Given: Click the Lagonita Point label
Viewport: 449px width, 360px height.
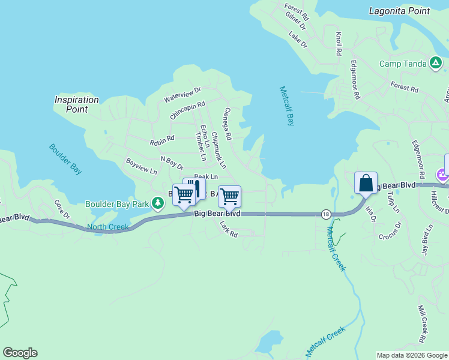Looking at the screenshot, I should pyautogui.click(x=399, y=11).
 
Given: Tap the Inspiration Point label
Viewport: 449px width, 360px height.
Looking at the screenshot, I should pyautogui.click(x=76, y=104).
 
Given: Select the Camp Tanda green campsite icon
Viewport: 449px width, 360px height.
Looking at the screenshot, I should pyautogui.click(x=436, y=63).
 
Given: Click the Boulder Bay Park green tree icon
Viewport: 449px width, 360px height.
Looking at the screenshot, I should pyautogui.click(x=158, y=204).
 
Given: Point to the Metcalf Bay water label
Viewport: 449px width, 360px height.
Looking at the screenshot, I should pyautogui.click(x=288, y=106).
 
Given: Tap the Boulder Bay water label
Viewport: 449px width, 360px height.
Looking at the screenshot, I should pyautogui.click(x=65, y=158).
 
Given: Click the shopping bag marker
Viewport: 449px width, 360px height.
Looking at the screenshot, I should pyautogui.click(x=366, y=183).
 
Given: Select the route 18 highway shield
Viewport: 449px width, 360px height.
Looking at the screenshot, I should pyautogui.click(x=326, y=214).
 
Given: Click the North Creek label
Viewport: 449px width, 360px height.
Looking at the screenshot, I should pyautogui.click(x=107, y=227).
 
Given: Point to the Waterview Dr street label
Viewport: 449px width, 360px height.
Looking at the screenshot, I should pyautogui.click(x=182, y=94).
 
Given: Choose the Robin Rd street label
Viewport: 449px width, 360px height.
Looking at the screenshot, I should pyautogui.click(x=162, y=141).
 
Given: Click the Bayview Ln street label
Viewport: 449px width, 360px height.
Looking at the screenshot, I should pyautogui.click(x=141, y=166).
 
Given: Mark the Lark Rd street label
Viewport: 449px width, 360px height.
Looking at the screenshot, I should pyautogui.click(x=229, y=229).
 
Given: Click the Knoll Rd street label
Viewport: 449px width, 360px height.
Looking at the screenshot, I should pyautogui.click(x=339, y=44).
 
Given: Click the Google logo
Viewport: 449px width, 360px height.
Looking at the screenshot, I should pyautogui.click(x=20, y=353).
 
